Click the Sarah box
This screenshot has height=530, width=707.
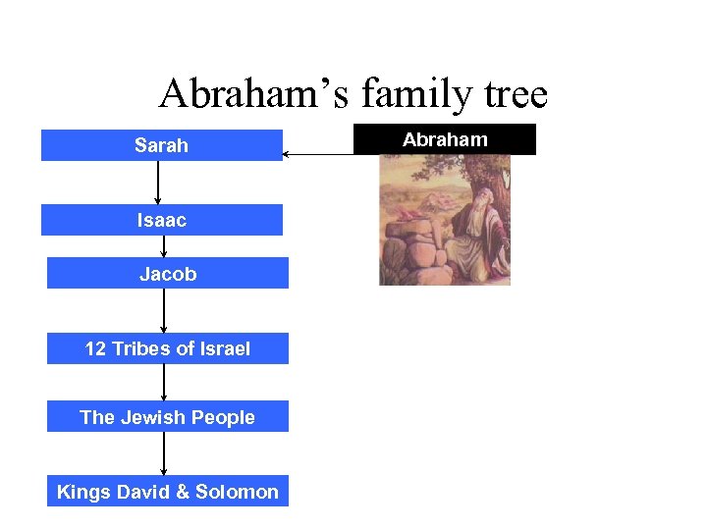point(161,145)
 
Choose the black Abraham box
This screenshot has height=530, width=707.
point(445,139)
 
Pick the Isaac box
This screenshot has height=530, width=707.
point(161,220)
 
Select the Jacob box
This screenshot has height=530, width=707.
point(167,274)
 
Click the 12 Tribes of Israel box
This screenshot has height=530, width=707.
point(167,348)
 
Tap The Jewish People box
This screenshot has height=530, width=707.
point(167,417)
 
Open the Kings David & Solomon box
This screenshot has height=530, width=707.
point(167,492)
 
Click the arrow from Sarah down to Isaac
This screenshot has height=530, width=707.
point(158,182)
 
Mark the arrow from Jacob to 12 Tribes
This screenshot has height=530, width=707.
point(164,311)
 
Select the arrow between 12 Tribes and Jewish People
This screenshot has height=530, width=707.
point(164,383)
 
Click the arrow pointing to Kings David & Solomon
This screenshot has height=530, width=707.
point(164,454)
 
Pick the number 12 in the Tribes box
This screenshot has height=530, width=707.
point(95,348)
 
